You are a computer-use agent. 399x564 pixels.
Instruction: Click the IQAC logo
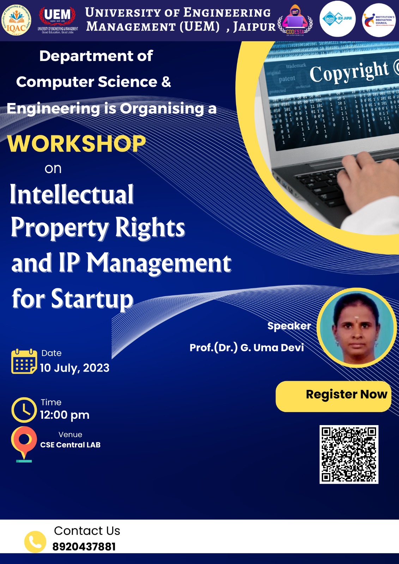coord(16,20)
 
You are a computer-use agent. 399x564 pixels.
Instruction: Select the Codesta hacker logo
coord(295,20)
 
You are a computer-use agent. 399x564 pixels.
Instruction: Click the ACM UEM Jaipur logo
coord(338,19)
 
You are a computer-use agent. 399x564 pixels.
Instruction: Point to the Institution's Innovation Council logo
coord(379,20)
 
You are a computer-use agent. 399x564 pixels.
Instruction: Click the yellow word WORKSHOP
coord(77,144)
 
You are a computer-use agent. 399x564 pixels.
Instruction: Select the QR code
coord(349,454)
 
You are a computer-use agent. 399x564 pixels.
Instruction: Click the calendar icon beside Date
coord(24,361)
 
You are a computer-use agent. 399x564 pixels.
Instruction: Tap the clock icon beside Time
coord(24,410)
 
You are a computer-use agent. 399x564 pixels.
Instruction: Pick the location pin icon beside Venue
coord(24,443)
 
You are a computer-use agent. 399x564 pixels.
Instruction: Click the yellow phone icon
coord(35,541)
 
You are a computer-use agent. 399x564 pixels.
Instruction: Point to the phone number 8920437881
coord(84,547)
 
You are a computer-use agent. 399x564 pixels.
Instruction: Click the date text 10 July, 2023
coord(74,368)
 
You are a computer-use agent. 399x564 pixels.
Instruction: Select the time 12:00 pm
coord(65,415)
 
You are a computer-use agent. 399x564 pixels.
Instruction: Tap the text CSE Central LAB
coord(70,445)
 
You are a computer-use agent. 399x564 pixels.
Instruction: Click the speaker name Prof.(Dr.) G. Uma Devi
coord(247,348)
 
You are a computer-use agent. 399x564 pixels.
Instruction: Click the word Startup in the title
coord(92,299)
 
